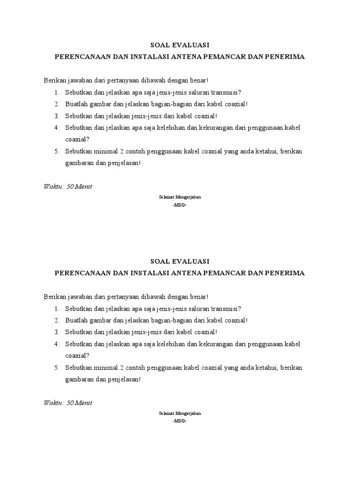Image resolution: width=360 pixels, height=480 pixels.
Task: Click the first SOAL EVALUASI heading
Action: point(180,45)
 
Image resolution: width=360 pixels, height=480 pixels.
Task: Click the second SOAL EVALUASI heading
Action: point(180,261)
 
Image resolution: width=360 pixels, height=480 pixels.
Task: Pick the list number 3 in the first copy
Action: point(56,116)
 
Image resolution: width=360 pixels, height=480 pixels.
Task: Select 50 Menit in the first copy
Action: point(79,187)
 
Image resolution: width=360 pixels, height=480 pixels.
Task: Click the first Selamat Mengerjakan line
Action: point(180,197)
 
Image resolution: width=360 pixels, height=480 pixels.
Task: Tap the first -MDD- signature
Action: point(180,205)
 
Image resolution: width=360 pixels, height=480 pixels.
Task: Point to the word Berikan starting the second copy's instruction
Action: point(55,297)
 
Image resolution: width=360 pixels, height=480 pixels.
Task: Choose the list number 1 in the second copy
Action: point(56,308)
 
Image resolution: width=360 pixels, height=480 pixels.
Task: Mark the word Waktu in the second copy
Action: point(53,403)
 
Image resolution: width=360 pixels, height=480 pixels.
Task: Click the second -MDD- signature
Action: point(180,421)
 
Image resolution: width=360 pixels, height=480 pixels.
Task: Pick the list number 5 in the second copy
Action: point(56,367)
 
